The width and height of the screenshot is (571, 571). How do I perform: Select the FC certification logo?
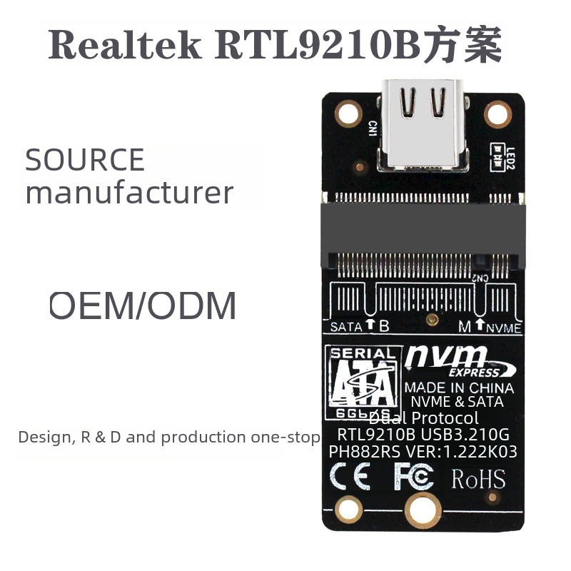pos(413,477)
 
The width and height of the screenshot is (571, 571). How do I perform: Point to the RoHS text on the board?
pos(478,477)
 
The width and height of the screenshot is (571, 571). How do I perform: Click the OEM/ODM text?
pos(142,305)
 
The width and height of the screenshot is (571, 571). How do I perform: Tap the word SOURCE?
pos(85,160)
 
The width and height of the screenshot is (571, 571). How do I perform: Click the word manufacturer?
pos(129,193)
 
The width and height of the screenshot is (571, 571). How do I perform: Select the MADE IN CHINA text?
pos(459,388)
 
